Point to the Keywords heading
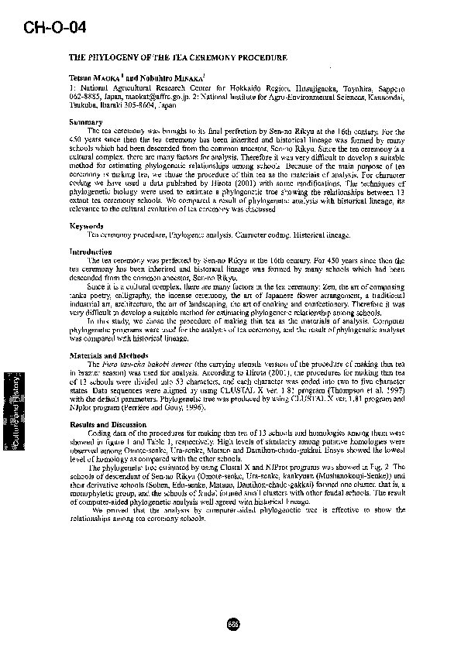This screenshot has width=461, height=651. point(86,226)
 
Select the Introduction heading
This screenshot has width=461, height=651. point(91,252)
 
